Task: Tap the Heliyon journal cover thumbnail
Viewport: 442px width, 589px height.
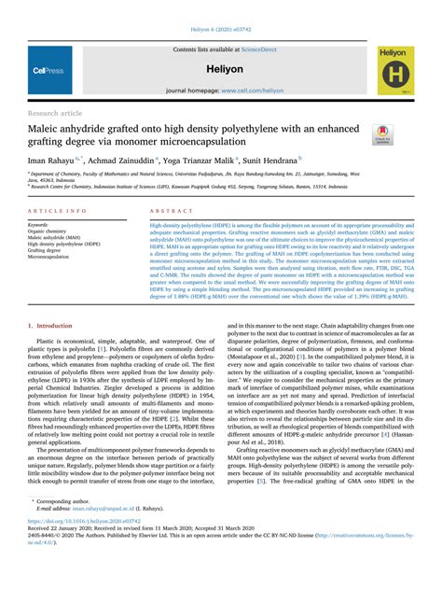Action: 396,70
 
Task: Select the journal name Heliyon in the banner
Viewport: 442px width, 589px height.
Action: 221,69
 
